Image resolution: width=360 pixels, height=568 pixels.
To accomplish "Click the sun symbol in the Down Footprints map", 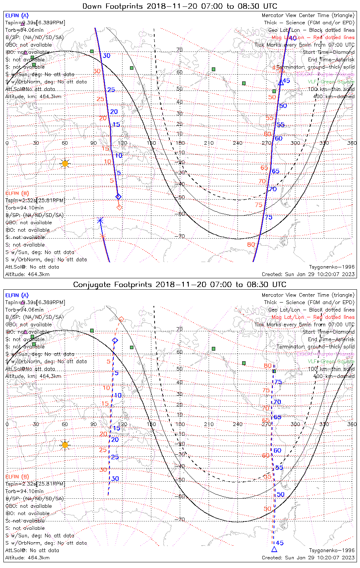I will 65,164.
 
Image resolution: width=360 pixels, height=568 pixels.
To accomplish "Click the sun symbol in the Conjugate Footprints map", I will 65,445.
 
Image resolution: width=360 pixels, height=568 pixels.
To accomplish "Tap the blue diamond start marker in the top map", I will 118,197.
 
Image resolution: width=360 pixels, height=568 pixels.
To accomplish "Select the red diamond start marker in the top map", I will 119,207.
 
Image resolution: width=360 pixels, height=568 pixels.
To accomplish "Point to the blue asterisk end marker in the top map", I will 100,220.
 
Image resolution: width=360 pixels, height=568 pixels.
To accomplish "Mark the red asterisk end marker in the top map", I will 102,237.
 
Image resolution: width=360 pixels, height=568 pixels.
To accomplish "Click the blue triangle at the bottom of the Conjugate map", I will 274,549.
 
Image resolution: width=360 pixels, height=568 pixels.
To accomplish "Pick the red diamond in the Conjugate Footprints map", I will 121,320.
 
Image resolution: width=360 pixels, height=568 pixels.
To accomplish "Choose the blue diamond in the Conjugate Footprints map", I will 115,340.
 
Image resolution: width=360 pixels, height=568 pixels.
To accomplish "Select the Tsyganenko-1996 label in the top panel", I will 332,267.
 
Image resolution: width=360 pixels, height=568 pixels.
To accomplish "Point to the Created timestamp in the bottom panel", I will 308,557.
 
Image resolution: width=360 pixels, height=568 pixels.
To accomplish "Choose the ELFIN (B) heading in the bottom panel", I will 17,476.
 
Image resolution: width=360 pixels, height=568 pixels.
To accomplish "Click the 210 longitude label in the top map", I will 209,143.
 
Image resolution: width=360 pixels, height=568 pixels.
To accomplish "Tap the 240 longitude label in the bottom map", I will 238,424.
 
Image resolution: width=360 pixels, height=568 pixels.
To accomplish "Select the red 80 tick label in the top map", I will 251,245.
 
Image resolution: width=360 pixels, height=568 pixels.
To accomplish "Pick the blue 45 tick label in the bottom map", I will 280,543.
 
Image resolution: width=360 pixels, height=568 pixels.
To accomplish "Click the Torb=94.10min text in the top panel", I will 25,208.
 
